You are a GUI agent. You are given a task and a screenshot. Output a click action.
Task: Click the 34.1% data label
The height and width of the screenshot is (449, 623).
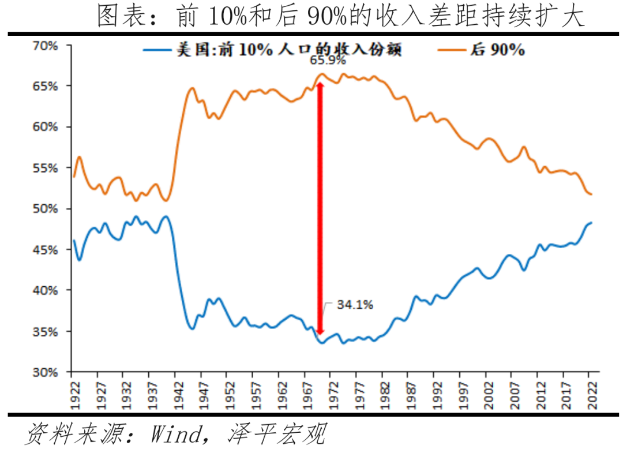coord(354,305)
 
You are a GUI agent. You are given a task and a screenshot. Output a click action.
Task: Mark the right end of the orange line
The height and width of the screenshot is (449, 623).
coord(591,194)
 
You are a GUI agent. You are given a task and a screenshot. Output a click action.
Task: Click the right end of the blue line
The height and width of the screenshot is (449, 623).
coord(591,223)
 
